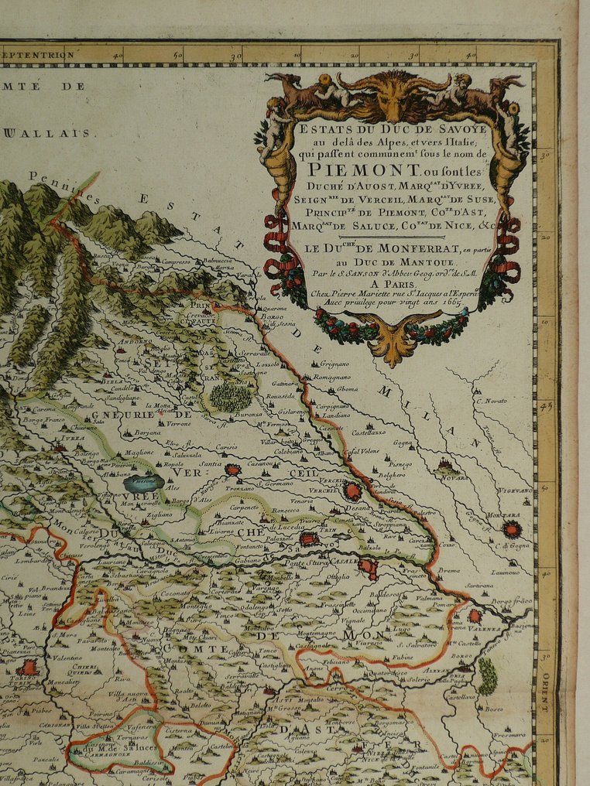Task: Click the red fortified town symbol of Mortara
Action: click(511, 529)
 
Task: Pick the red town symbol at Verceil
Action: click(352, 490)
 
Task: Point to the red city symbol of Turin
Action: click(29, 668)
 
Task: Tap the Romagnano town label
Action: click(331, 376)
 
